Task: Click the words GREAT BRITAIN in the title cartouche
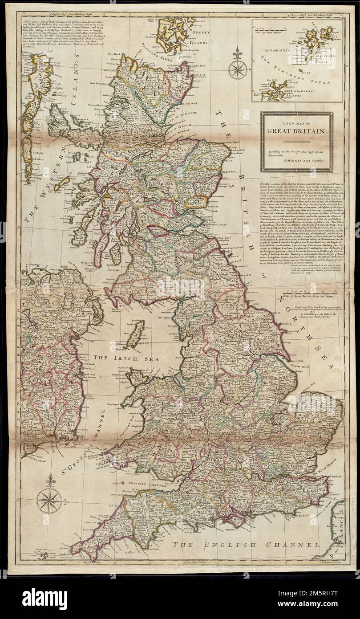(x=296, y=131)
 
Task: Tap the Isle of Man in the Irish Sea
(x=133, y=334)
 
